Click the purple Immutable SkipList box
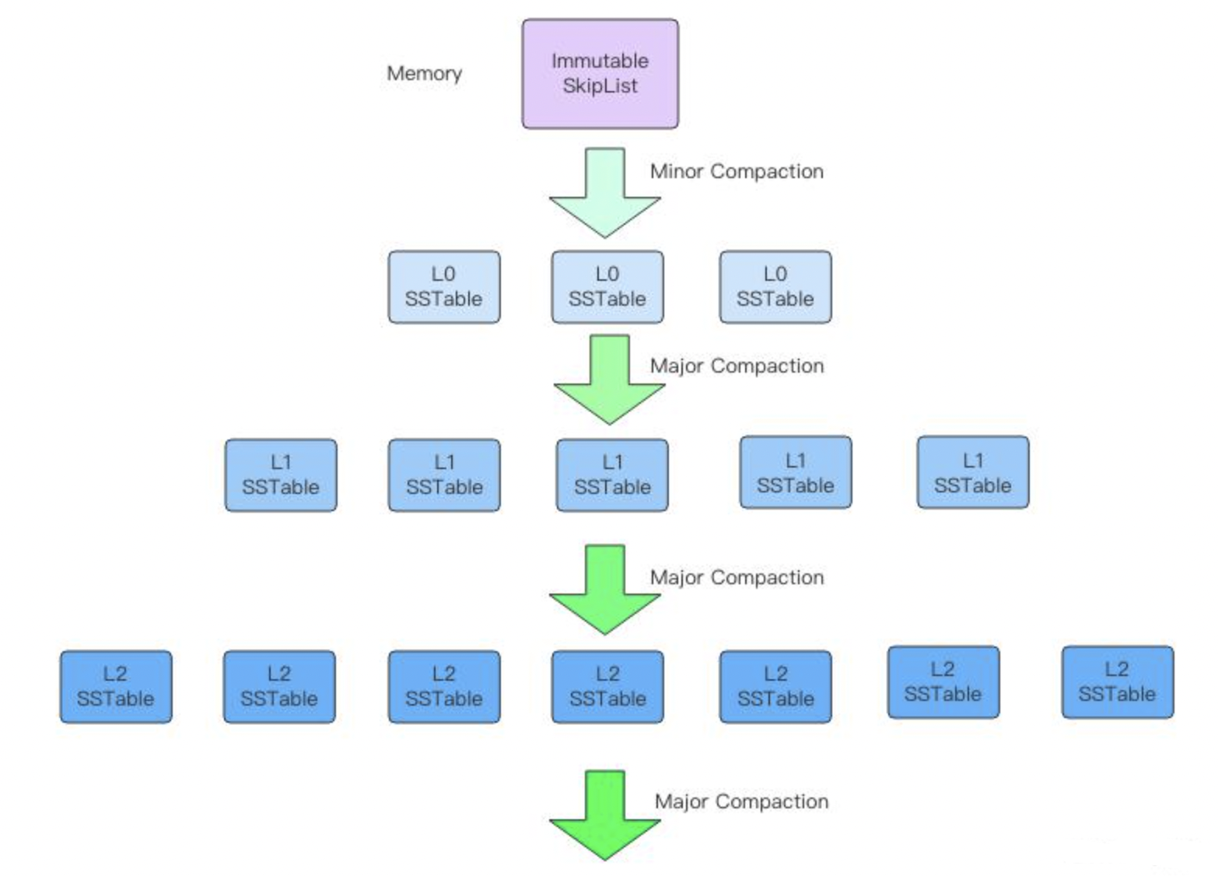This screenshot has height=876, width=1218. tap(600, 74)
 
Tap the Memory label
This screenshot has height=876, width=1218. tap(424, 73)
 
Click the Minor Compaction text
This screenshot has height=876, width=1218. tap(737, 171)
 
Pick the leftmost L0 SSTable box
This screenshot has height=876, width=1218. tap(444, 286)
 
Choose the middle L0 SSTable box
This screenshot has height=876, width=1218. tap(607, 286)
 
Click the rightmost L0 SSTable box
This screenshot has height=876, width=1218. tap(775, 286)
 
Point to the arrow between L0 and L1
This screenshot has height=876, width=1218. tap(609, 379)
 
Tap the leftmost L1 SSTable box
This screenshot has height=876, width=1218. tap(281, 475)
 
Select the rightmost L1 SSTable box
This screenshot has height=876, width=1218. tap(972, 472)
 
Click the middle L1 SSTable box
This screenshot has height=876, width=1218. tap(612, 475)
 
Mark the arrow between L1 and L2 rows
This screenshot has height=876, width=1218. tap(604, 589)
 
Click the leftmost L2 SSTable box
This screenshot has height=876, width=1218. tap(116, 686)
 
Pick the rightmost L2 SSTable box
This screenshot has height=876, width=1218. tap(1117, 682)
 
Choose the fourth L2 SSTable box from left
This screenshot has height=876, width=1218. tap(607, 686)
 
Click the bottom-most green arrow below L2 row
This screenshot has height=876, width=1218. tap(604, 815)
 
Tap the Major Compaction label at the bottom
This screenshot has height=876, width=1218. tap(741, 801)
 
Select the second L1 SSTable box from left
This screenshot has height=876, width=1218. tap(444, 475)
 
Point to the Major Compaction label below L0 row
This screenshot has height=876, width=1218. tap(737, 366)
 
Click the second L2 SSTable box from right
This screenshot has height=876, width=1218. tap(943, 682)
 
